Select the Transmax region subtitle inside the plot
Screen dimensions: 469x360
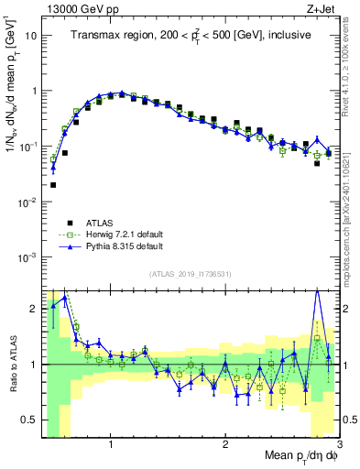point(191,35)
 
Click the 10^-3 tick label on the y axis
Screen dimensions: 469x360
point(28,256)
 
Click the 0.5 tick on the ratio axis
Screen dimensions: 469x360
point(30,420)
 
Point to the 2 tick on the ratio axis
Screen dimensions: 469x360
point(34,309)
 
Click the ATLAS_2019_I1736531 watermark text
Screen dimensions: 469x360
point(191,274)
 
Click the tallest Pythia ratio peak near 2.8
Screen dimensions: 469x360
point(317,291)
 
